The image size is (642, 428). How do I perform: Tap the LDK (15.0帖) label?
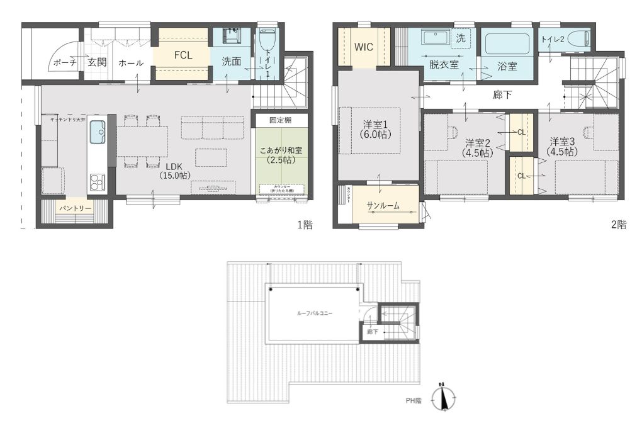[x=174, y=171]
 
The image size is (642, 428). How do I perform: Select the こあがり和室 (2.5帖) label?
[x=281, y=155]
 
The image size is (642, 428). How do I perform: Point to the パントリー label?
[x=76, y=208]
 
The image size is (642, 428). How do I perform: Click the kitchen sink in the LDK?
[x=98, y=132]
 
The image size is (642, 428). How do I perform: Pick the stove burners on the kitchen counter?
[x=97, y=182]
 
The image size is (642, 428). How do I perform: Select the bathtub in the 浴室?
[x=507, y=44]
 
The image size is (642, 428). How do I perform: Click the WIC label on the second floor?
[x=364, y=47]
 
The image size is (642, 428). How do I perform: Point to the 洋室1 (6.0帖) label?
[x=376, y=128]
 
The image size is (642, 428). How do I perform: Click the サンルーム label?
[x=383, y=205]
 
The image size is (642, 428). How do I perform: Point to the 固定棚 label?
[x=281, y=119]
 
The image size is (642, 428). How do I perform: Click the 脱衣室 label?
[x=444, y=64]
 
